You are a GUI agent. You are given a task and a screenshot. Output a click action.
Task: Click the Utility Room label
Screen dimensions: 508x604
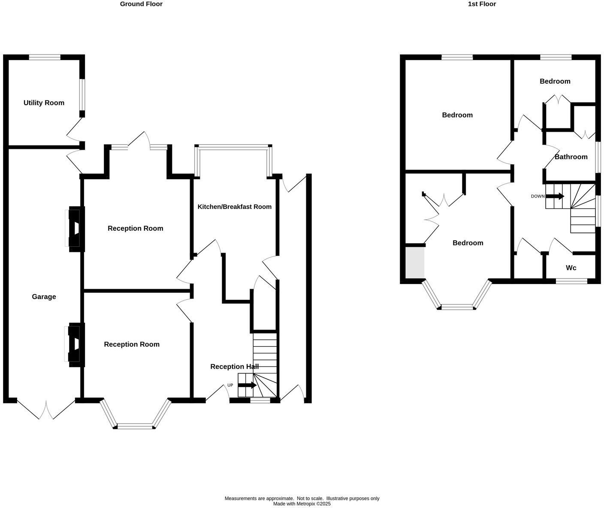pos(44,103)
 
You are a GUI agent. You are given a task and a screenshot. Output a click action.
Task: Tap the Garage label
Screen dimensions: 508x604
pos(44,296)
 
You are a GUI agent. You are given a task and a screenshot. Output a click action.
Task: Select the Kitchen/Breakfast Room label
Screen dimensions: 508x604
pos(234,207)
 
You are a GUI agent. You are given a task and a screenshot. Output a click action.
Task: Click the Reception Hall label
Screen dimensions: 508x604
pos(234,366)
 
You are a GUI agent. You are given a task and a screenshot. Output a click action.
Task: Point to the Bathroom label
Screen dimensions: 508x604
pos(571,157)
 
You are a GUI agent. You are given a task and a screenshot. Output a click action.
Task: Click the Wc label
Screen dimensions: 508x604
pos(571,268)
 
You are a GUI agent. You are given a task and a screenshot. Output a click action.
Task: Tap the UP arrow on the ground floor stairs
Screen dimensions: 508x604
pos(247,385)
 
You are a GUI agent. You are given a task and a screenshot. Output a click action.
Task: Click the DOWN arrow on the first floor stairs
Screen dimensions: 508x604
pos(555,196)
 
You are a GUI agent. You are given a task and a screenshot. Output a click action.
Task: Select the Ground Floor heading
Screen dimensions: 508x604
pos(141,4)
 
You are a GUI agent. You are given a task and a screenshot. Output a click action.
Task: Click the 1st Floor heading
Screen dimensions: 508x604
pos(482,4)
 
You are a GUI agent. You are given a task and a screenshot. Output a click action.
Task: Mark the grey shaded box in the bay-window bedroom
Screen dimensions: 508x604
pos(415,263)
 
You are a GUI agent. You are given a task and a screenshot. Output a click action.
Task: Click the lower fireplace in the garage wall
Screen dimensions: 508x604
pos(74,344)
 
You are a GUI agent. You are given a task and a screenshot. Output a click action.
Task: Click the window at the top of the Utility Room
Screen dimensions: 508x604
pos(45,57)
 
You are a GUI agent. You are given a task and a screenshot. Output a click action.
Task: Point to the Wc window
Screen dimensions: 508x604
pos(571,281)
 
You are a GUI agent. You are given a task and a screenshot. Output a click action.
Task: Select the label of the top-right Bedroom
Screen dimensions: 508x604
pos(555,82)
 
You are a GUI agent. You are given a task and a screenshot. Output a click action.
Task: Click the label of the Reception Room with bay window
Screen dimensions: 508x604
pos(132,344)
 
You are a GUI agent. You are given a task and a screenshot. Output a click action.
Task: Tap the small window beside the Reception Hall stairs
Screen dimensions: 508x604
pos(260,400)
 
